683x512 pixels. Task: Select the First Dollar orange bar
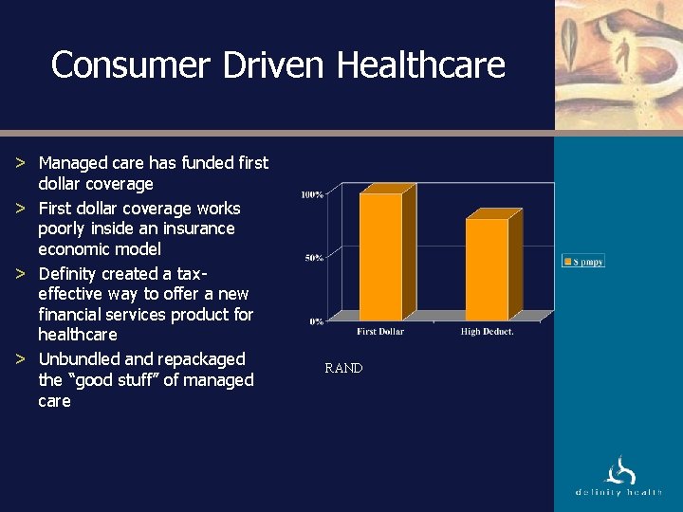click(380, 256)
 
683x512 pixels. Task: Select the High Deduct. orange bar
click(487, 269)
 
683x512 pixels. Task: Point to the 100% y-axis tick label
click(312, 194)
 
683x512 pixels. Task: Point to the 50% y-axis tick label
click(315, 258)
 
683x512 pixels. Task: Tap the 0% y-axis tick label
click(316, 321)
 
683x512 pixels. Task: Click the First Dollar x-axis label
click(380, 332)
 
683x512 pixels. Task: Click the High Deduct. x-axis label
click(488, 332)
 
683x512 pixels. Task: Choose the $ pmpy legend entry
click(583, 261)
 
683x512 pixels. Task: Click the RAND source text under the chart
click(343, 368)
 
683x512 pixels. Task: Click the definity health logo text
click(618, 492)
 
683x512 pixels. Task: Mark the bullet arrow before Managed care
click(20, 163)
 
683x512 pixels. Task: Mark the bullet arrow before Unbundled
click(20, 359)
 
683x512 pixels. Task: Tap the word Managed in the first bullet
click(71, 163)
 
